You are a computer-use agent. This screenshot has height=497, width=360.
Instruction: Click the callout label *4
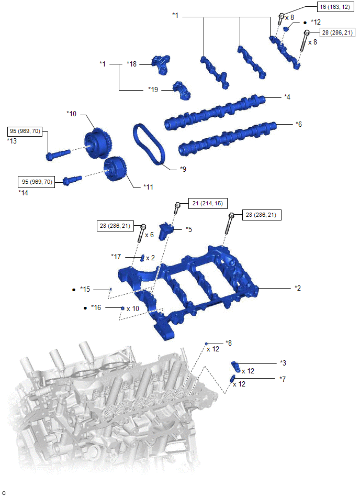coord(287,97)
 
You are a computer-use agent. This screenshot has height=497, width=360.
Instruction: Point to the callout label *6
coord(299,124)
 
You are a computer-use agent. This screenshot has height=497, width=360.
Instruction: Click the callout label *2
coord(298,288)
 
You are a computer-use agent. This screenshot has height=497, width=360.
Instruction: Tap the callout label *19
coord(153,90)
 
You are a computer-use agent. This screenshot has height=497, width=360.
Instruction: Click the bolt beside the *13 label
coord(58,154)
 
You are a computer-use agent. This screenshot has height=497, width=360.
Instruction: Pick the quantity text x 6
coord(150,235)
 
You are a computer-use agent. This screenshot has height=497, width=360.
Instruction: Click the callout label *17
coord(116,257)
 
